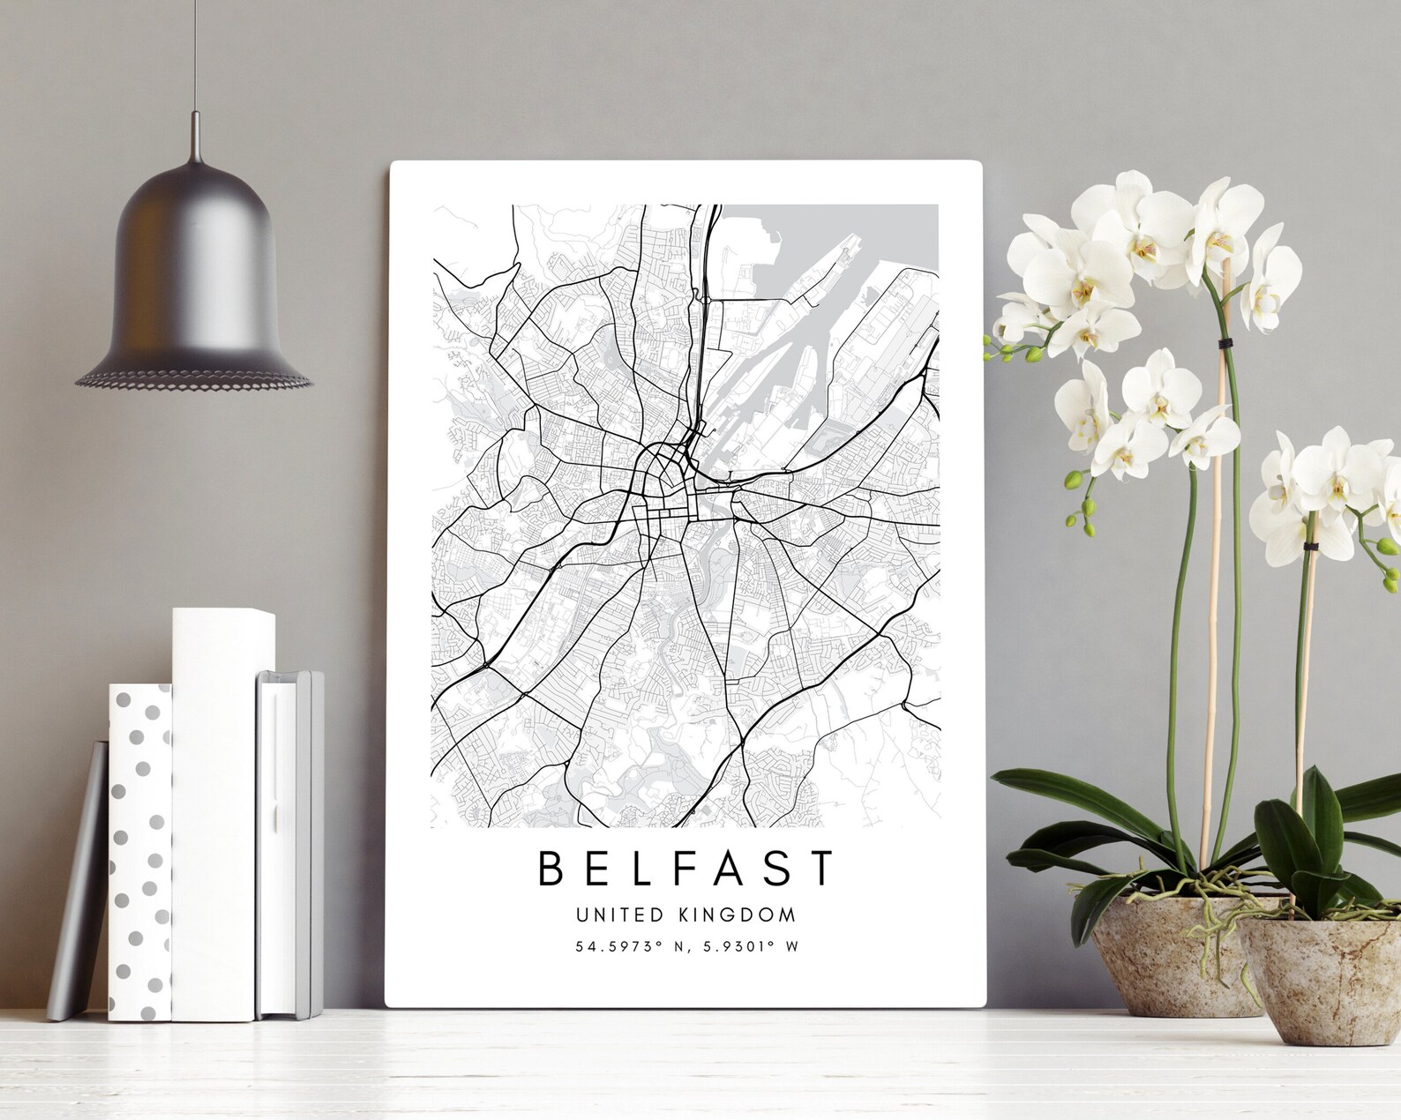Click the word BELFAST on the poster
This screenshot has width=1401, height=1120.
[x=686, y=868]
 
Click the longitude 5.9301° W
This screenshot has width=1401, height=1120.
[x=749, y=947]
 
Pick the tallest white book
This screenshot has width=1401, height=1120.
[x=221, y=811]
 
